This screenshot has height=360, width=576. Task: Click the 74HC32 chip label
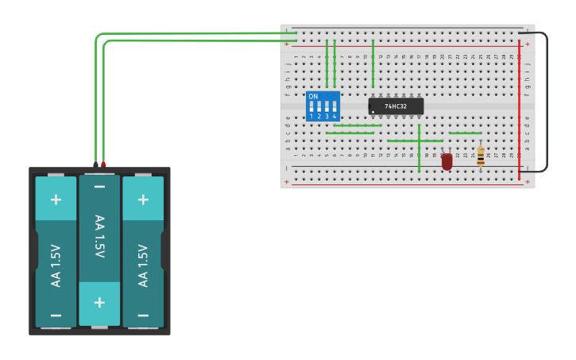pos(396,106)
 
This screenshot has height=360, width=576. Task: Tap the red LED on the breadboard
pos(446,161)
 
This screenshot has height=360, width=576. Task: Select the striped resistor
pos(481,156)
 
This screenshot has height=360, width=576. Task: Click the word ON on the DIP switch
pos(313,96)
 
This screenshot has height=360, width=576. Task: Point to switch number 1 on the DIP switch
pos(311,107)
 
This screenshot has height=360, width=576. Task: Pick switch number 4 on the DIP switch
pos(334,107)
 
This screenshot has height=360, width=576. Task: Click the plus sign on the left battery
pos(56,199)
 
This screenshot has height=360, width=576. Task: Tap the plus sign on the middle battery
pos(99,303)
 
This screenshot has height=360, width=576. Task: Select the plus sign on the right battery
pos(143,199)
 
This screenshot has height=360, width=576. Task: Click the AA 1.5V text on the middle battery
pos(99,236)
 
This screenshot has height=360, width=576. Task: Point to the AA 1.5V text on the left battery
pos(56,265)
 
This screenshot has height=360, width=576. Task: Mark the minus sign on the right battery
pos(143,315)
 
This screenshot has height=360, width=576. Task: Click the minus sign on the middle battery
pos(99,188)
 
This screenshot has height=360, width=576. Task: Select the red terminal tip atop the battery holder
pos(103,165)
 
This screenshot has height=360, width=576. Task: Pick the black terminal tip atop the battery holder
pos(95,165)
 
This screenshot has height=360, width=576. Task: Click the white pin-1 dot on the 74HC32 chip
pos(373,112)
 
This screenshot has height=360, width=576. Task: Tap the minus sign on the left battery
pos(56,315)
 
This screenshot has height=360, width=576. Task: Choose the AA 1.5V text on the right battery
pos(143,265)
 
